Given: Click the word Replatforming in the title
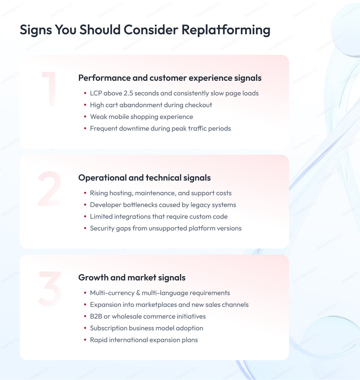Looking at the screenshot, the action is click(x=226, y=30).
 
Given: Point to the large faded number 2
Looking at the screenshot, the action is click(x=50, y=188).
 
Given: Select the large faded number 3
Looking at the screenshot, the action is click(x=50, y=288).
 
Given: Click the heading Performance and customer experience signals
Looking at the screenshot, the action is click(x=170, y=78).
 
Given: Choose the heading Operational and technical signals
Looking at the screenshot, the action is click(x=144, y=178).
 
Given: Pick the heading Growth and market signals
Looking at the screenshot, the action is click(x=132, y=278).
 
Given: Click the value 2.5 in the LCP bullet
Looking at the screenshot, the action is click(x=128, y=93).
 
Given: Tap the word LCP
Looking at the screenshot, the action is click(x=96, y=93).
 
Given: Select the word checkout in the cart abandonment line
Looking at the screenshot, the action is click(x=199, y=105).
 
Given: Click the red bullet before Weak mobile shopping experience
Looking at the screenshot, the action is click(x=85, y=117).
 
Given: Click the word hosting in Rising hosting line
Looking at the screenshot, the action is click(x=121, y=193).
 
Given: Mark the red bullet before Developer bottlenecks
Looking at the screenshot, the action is click(x=85, y=205).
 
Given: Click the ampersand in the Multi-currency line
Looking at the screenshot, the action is click(x=138, y=293).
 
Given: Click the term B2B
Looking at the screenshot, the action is click(x=96, y=316).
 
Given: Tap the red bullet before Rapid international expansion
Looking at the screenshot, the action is click(x=85, y=340).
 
